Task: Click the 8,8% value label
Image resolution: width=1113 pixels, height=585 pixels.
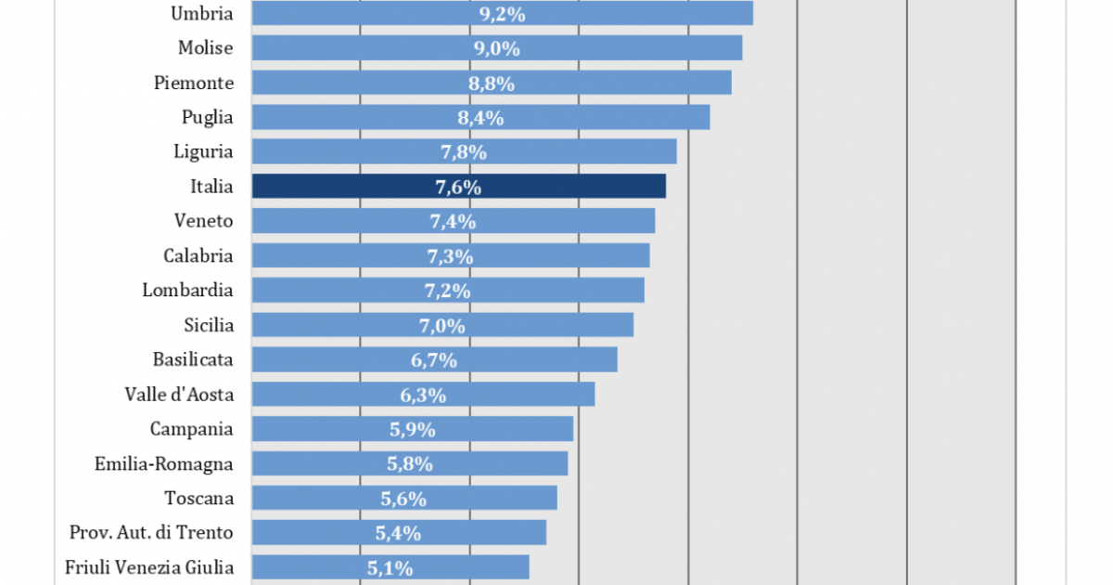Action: (492, 84)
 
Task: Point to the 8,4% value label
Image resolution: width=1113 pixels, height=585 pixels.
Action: (480, 118)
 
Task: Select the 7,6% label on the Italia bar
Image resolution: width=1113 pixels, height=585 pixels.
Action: (458, 187)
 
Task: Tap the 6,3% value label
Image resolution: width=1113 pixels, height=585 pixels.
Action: (423, 395)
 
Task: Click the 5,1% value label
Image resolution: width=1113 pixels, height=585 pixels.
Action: (390, 567)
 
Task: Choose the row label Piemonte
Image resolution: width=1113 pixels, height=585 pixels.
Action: (194, 83)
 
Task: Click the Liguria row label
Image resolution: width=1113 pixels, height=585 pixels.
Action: (203, 151)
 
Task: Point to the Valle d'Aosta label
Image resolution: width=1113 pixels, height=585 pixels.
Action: (179, 395)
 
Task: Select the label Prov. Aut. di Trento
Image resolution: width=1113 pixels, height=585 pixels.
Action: (151, 532)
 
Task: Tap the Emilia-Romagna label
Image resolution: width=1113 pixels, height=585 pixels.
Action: (164, 463)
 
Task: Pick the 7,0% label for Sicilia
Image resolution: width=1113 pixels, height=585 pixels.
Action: (442, 325)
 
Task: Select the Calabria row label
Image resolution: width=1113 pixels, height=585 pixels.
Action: (198, 255)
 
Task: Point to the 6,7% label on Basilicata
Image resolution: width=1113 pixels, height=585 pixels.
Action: (434, 360)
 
